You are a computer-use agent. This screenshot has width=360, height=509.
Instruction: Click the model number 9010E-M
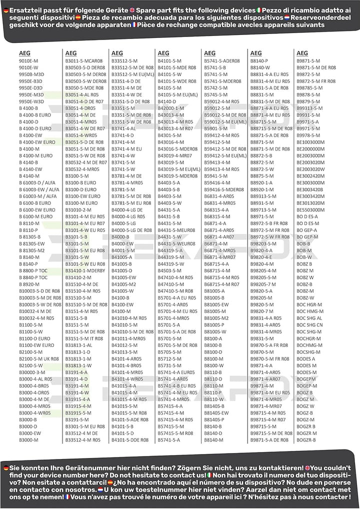[28, 60]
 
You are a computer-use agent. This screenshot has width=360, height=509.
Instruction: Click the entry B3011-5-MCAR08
[84, 60]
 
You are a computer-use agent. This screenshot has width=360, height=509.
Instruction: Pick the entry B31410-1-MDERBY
[85, 270]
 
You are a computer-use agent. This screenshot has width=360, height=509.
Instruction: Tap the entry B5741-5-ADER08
[222, 60]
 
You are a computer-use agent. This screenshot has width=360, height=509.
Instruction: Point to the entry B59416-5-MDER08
[224, 189]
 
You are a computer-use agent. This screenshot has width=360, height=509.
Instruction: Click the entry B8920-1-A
[261, 182]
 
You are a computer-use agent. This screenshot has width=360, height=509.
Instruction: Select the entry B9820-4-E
[261, 257]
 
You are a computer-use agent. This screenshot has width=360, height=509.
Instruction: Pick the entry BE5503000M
[310, 209]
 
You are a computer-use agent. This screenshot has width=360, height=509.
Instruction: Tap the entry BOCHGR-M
[308, 338]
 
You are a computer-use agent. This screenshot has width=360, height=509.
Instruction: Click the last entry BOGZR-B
[306, 440]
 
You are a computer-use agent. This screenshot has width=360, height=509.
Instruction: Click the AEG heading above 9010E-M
[24, 52]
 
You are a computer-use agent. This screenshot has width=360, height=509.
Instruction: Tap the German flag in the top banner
[5, 10]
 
